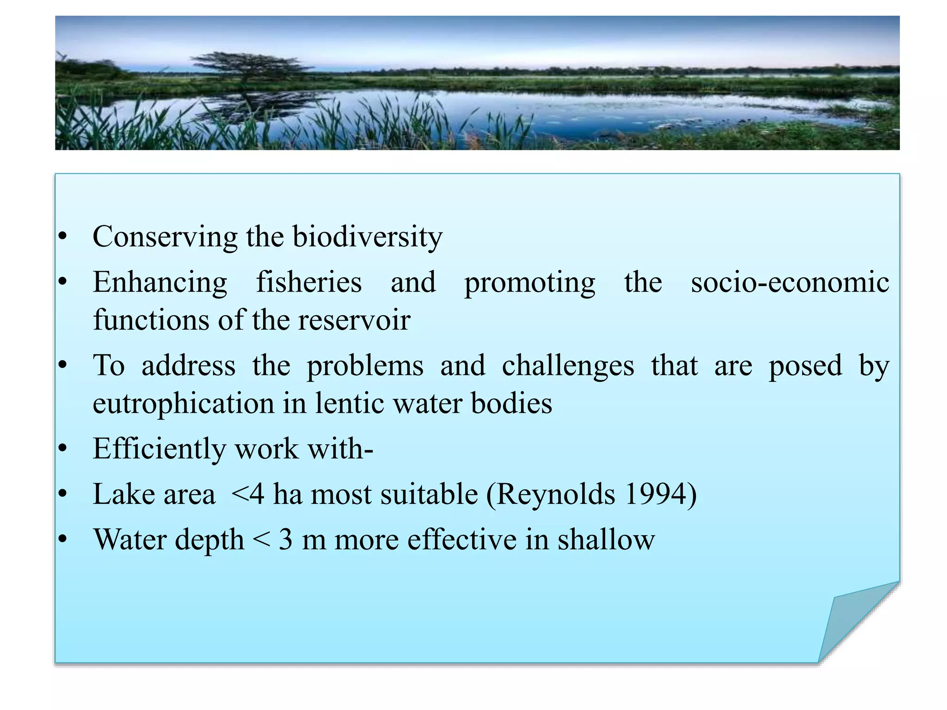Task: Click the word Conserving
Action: tap(165, 237)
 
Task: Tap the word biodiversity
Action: tap(368, 237)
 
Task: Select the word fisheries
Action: tap(309, 282)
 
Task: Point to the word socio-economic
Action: tap(790, 282)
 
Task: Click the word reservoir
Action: tap(354, 320)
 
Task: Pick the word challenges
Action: tap(568, 366)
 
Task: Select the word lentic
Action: tap(350, 404)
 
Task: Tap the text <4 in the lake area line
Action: tap(247, 494)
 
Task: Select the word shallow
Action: tap(606, 539)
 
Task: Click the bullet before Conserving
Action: tap(63, 237)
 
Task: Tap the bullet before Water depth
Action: tap(63, 539)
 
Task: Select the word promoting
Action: tap(530, 282)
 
